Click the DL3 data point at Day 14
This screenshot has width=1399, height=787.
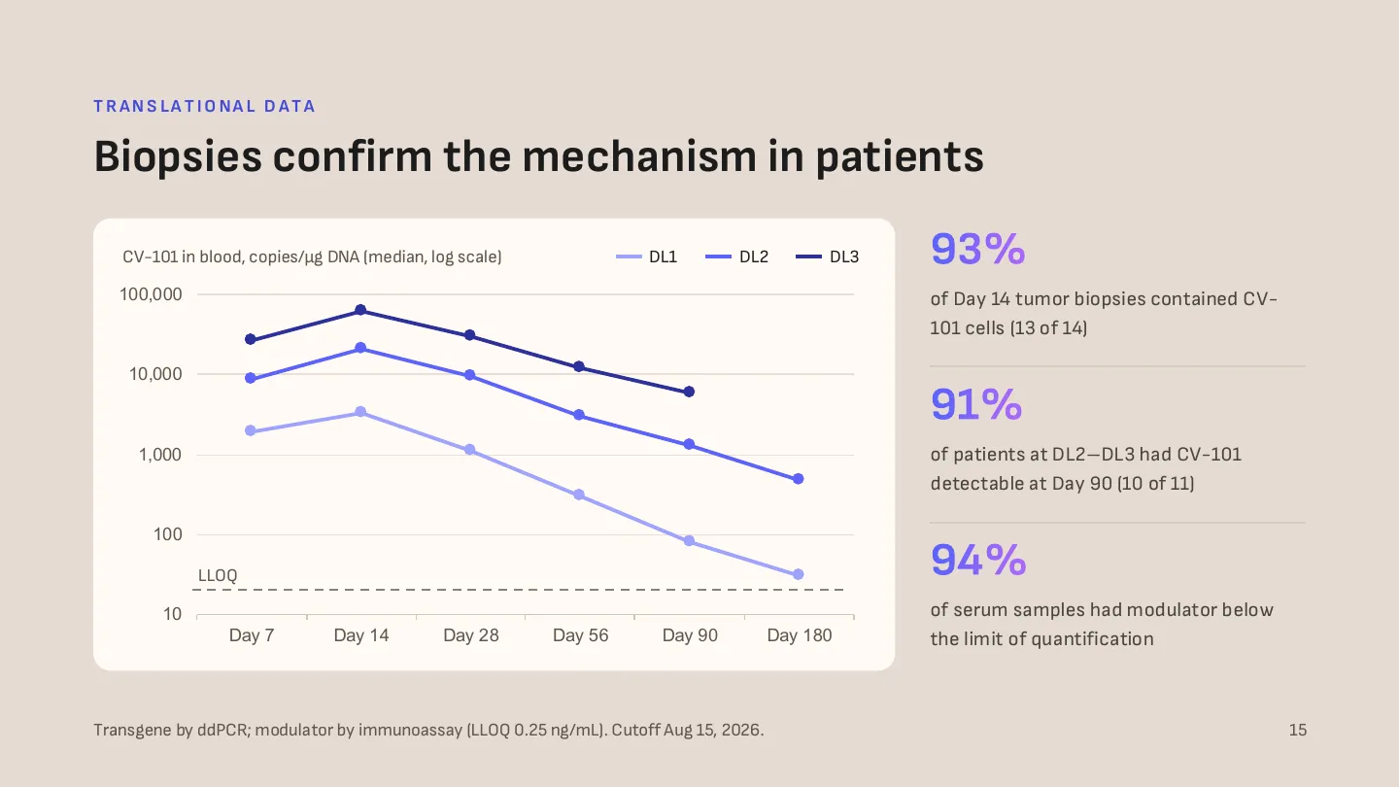click(360, 310)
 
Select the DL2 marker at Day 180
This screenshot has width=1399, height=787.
click(799, 479)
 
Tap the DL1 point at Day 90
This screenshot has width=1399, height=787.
click(689, 541)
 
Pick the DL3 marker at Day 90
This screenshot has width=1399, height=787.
click(689, 392)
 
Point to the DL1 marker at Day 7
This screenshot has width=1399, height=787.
click(251, 430)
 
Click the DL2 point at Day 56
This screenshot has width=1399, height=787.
click(579, 415)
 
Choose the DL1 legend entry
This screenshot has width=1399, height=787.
click(646, 257)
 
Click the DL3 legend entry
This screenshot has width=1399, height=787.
click(827, 257)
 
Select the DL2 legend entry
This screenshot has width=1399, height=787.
click(737, 257)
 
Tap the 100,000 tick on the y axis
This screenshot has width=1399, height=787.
click(151, 294)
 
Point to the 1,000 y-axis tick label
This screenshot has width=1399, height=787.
click(160, 455)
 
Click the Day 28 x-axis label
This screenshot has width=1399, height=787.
click(471, 635)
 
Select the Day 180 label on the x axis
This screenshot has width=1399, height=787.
click(800, 635)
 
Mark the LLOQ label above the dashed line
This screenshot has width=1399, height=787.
click(218, 575)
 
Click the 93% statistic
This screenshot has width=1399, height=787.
click(978, 249)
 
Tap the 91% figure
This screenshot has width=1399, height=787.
click(976, 404)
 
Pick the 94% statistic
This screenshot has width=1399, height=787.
click(978, 560)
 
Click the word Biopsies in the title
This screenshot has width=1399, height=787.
click(178, 156)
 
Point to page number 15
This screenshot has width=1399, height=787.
click(1298, 730)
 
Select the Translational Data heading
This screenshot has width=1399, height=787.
click(205, 106)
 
